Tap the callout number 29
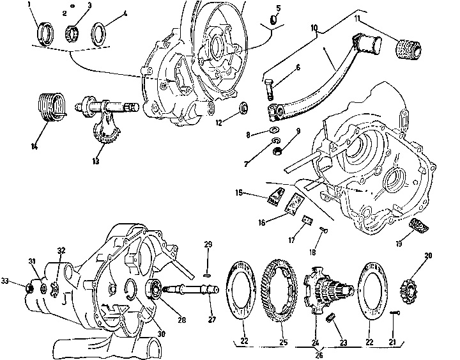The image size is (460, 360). (x=207, y=245)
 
